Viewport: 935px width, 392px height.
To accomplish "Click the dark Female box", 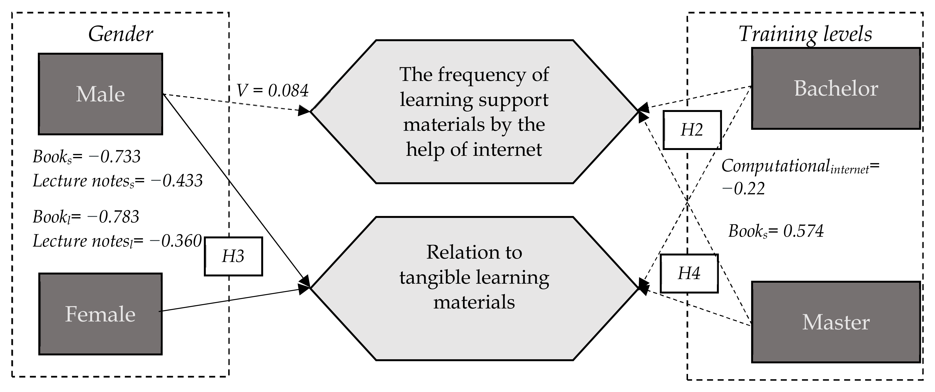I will pyautogui.click(x=100, y=314).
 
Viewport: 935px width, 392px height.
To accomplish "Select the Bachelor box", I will pyautogui.click(x=835, y=88).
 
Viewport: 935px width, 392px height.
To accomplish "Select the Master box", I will pyautogui.click(x=835, y=322).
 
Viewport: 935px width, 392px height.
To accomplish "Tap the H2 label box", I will pyautogui.click(x=692, y=130).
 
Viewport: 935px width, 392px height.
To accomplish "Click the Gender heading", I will pyautogui.click(x=120, y=34).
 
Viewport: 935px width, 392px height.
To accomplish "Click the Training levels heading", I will pyautogui.click(x=805, y=34).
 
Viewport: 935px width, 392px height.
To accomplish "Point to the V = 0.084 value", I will pyautogui.click(x=272, y=91).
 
